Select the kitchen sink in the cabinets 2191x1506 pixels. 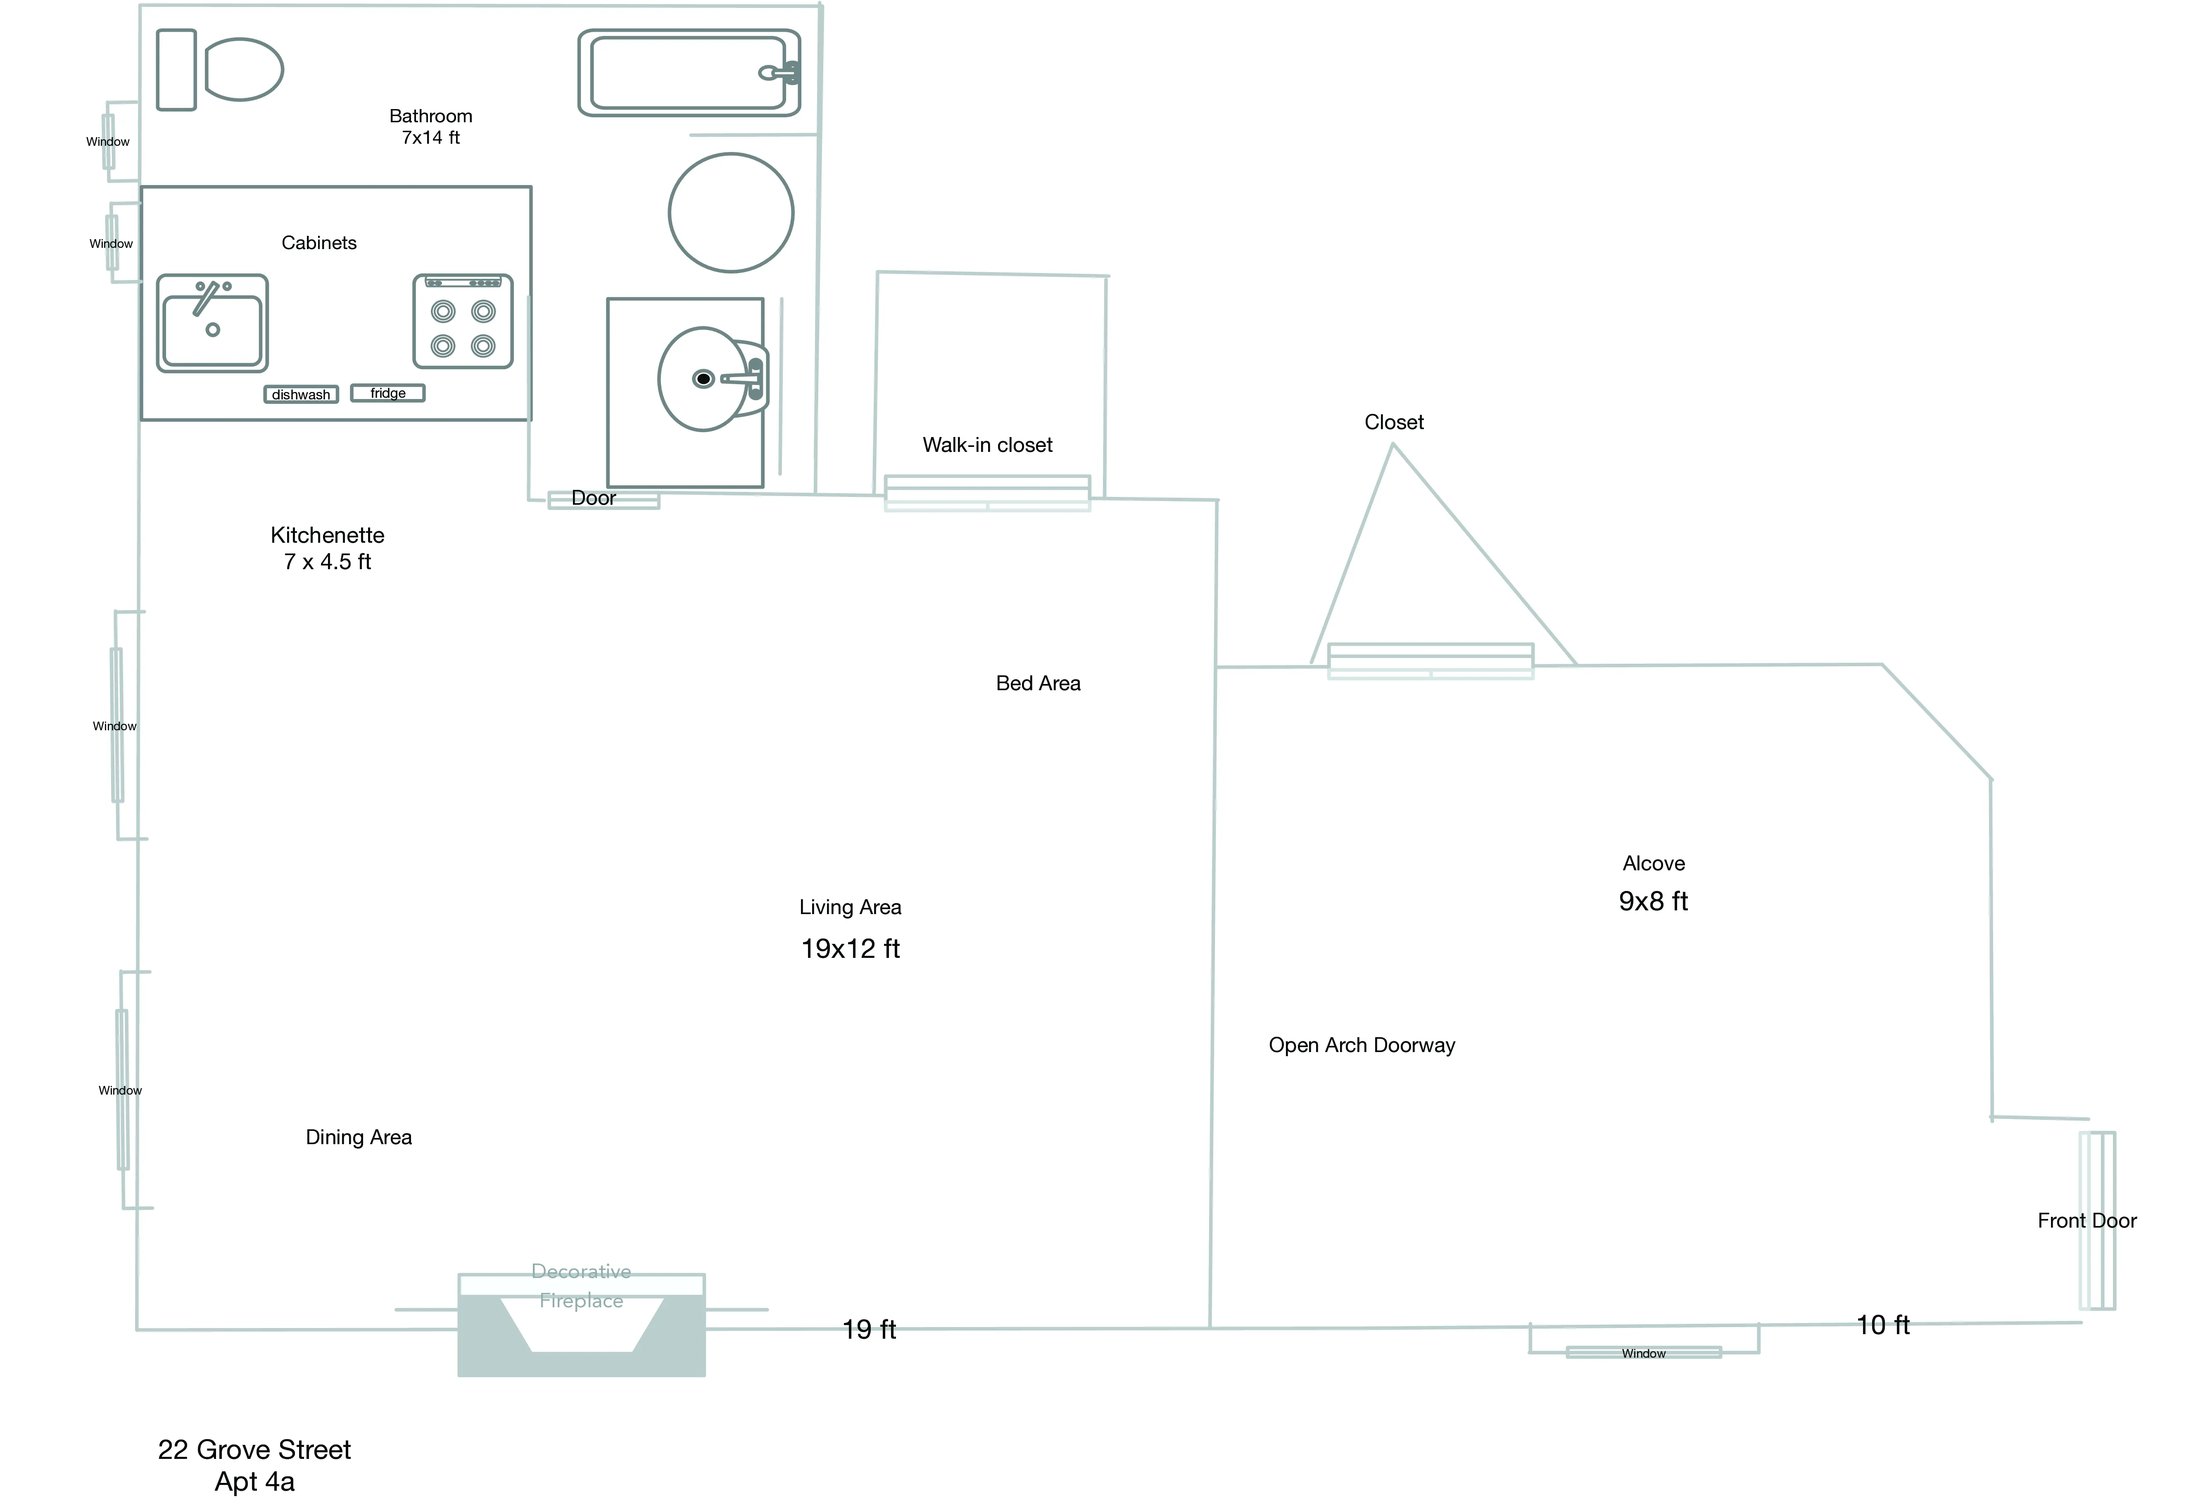coord(212,324)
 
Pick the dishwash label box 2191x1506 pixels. coord(301,394)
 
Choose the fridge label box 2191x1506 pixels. coord(388,392)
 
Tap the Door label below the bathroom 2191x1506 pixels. coord(594,498)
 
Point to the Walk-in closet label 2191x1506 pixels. coord(987,444)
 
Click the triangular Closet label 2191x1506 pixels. coord(1394,422)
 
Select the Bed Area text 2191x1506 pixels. coord(1038,683)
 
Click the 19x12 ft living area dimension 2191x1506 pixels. coord(850,948)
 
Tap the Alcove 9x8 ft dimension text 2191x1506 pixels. coord(1653,901)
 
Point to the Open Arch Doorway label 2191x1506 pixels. coord(1362,1045)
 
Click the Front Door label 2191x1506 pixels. coord(2086,1220)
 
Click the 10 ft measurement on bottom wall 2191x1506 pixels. coord(1882,1325)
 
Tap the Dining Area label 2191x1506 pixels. coord(359,1137)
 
